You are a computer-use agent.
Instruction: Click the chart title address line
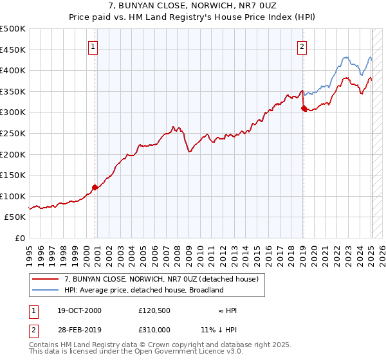coord(193,6)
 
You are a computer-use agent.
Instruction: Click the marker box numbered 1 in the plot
coord(93,46)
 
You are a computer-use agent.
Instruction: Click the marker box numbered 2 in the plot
coord(302,46)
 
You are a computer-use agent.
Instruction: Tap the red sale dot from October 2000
coord(95,188)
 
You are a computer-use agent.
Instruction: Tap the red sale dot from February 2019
coord(304,109)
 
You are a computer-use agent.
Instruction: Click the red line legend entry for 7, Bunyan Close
coord(161,279)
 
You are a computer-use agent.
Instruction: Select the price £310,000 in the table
coord(155,330)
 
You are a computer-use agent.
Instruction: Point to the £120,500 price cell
coord(155,310)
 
